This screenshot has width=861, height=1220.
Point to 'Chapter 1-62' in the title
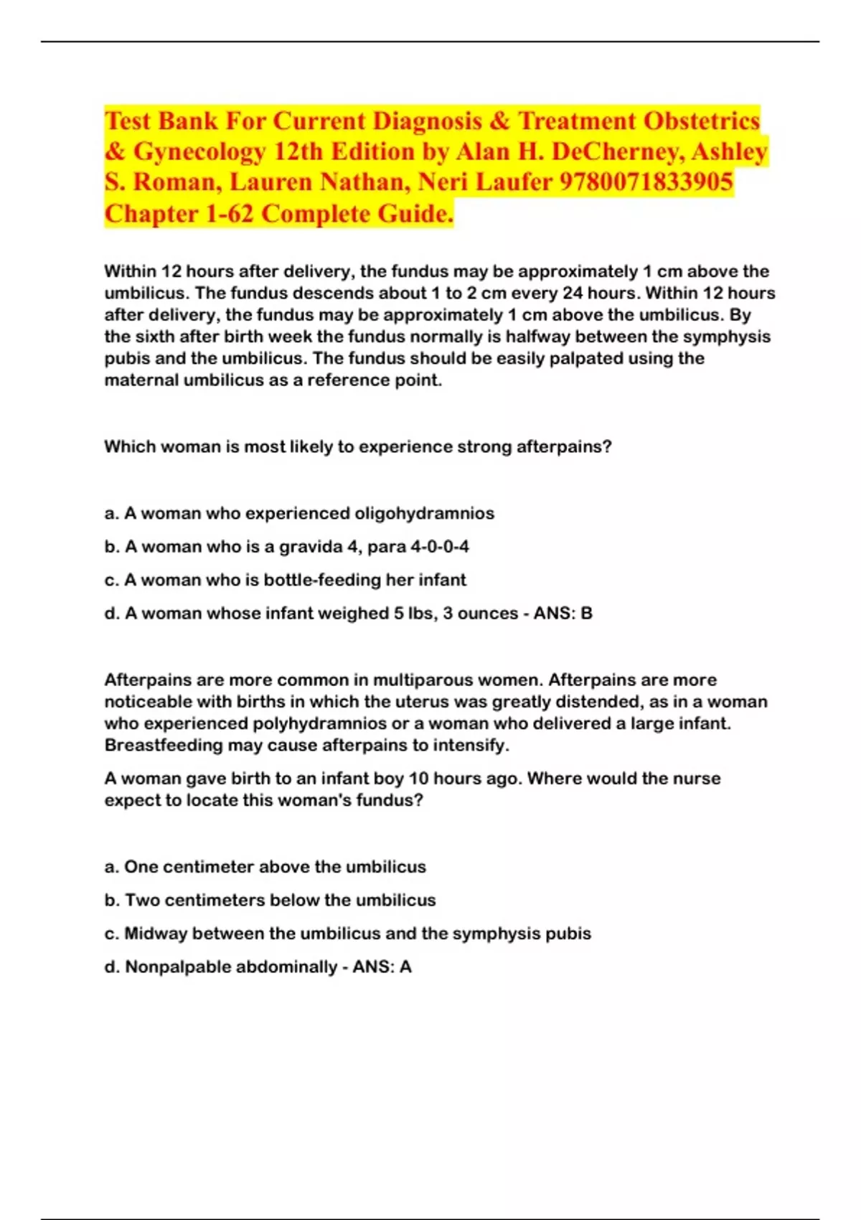(x=179, y=213)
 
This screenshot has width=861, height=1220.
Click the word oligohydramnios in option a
(x=424, y=513)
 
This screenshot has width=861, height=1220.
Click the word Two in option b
(x=142, y=900)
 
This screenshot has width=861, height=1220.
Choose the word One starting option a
(x=141, y=867)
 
